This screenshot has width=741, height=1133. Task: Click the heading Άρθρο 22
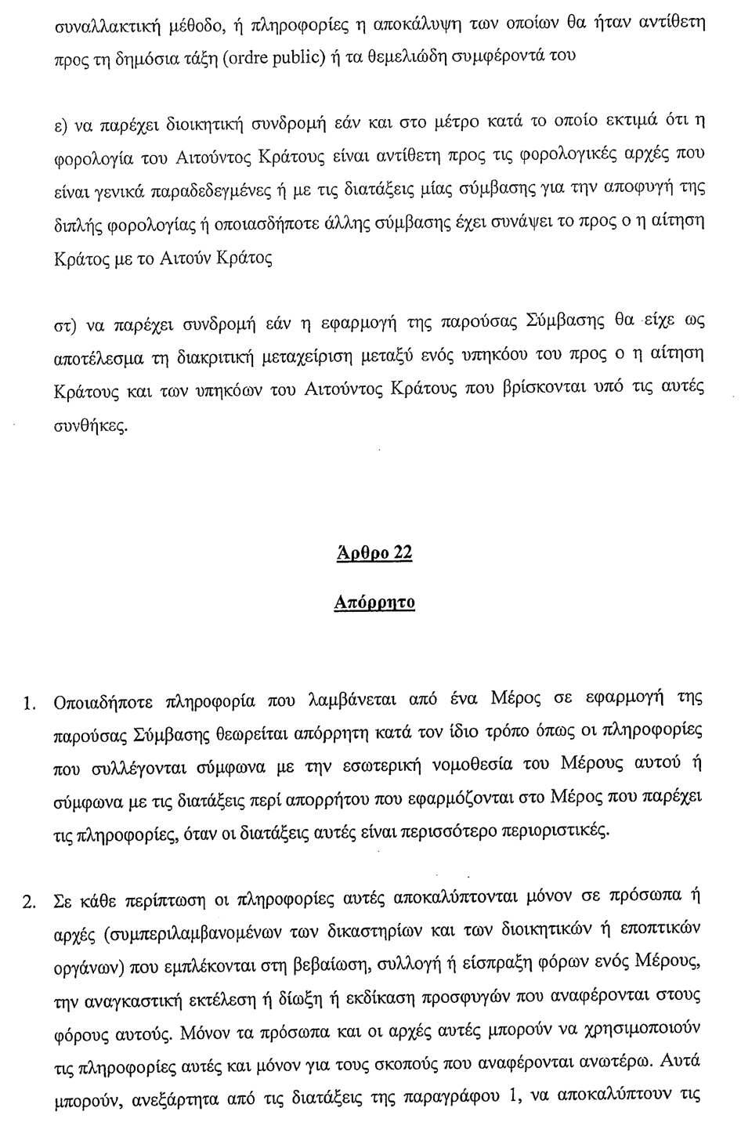coord(374,554)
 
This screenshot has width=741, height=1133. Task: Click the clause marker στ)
coord(63,324)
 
